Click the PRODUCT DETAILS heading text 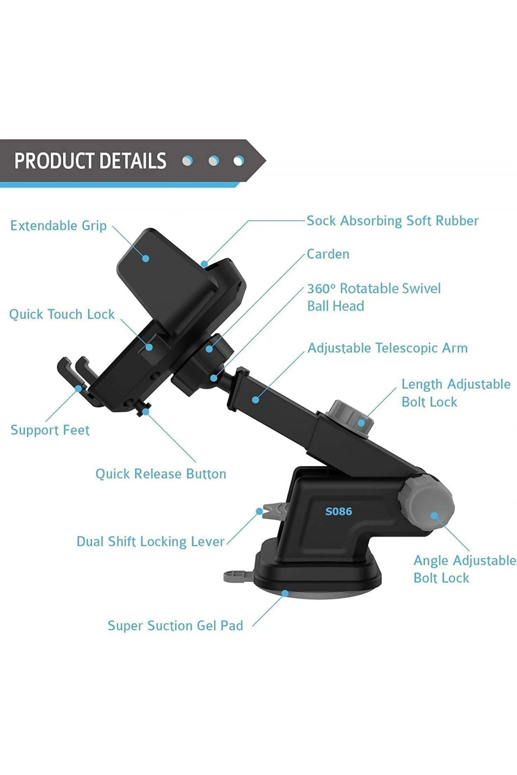(90, 161)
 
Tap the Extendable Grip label (58, 226)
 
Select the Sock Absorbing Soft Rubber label (393, 221)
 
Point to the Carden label (328, 254)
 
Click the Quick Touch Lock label (62, 314)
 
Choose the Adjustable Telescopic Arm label (387, 348)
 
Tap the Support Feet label (50, 430)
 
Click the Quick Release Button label (161, 474)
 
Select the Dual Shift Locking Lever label (150, 541)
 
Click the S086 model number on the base (338, 512)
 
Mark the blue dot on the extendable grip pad (146, 258)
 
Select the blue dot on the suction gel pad (285, 593)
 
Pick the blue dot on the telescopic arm (255, 399)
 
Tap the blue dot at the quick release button (146, 412)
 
